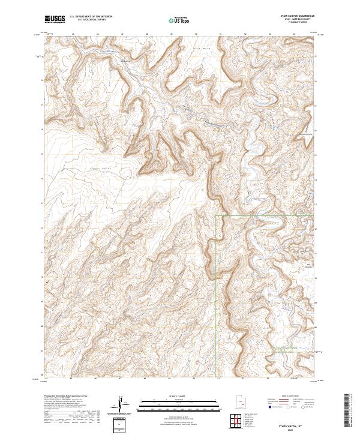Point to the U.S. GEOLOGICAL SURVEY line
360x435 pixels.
[x=91, y=20]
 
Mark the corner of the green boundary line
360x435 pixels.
[x=216, y=215]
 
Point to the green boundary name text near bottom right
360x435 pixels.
[x=287, y=349]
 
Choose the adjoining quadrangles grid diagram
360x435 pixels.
[x=236, y=421]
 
